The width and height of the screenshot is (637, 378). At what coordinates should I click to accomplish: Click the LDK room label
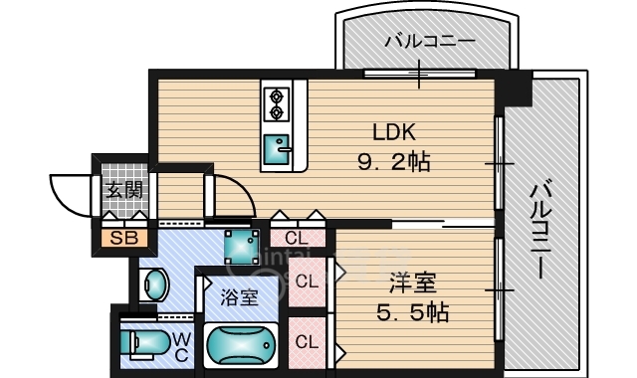coord(394,132)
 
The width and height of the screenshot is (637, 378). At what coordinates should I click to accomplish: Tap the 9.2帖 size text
coord(394,162)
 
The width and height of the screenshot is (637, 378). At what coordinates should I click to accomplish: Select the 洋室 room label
coord(413,283)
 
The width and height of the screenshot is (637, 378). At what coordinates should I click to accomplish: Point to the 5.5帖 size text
coord(412,312)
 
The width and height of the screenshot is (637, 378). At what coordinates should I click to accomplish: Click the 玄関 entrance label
coord(124,190)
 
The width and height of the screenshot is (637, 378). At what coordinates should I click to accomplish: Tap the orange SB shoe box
coord(124,238)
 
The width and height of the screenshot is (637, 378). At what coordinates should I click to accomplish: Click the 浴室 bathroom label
coord(239,297)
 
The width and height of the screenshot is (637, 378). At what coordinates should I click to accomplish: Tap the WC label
coord(181,346)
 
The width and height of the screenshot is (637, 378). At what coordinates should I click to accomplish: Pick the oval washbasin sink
coord(156,285)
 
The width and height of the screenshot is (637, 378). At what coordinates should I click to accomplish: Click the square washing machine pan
coord(242,247)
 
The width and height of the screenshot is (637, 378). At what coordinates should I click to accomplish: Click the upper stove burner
coord(277,97)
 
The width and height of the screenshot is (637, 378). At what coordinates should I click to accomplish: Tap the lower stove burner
coord(277,112)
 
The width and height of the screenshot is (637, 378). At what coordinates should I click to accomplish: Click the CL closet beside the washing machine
coord(298,239)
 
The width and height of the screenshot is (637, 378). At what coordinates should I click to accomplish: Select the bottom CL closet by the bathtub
coord(308,342)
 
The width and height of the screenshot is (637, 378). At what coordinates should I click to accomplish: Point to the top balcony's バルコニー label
coord(430,41)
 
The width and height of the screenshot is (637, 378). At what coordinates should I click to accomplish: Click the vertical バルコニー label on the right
coord(540,231)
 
